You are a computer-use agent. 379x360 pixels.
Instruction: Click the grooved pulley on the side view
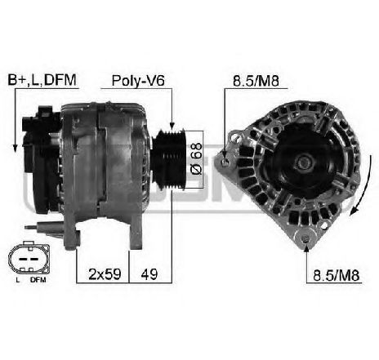pyautogui.click(x=168, y=156)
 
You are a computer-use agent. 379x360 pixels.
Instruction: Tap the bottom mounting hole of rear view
pyautogui.click(x=305, y=239)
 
